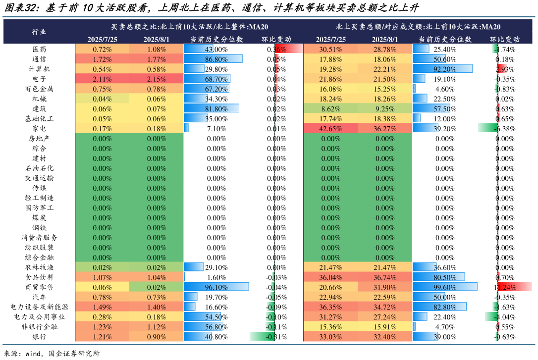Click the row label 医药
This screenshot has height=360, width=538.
[x=40, y=50]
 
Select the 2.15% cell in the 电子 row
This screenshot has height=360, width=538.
[x=157, y=79]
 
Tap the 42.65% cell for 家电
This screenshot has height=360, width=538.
[x=330, y=129]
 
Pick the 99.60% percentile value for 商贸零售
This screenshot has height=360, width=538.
[x=444, y=287]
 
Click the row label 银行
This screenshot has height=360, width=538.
[x=40, y=337]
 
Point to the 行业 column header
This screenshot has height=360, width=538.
[x=40, y=32]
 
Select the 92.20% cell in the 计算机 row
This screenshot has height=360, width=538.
[x=444, y=69]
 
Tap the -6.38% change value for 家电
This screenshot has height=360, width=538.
[x=505, y=129]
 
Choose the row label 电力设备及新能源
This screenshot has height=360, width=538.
[x=40, y=307]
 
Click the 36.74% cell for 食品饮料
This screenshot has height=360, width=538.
[x=385, y=277]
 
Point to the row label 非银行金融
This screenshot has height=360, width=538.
[x=40, y=327]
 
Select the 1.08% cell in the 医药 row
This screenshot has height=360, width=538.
[x=157, y=50]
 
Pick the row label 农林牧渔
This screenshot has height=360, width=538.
[x=40, y=267]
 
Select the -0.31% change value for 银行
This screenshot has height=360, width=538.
[x=276, y=337]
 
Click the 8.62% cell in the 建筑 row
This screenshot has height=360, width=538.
[x=330, y=109]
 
